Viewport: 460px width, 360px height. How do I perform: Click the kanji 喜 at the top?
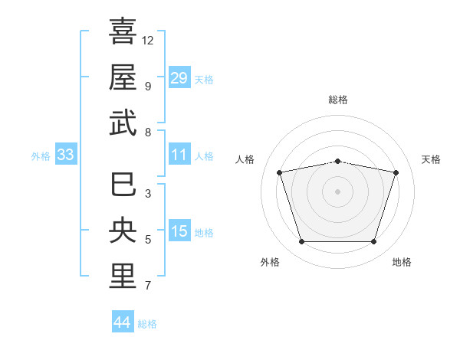123,31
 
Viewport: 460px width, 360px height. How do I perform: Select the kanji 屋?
123,77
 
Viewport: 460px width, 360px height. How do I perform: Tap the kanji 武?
123,123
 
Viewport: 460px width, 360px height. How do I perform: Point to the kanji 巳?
123,184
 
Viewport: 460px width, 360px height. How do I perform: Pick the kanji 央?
123,230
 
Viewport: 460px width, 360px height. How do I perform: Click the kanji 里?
123,276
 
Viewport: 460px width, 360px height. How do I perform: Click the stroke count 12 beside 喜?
147,41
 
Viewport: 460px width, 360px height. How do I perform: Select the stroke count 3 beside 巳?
148,194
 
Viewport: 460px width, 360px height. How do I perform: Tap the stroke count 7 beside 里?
148,285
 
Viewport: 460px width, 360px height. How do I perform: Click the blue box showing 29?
179,77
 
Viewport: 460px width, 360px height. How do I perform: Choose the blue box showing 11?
179,154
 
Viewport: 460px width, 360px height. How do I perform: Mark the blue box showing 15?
179,230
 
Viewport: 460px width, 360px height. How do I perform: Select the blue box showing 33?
66,154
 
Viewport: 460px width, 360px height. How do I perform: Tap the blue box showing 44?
123,321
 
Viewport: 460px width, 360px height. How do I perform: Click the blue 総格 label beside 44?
147,324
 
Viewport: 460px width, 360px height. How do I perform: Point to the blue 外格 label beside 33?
41,156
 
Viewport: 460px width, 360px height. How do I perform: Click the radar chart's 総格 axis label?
338,100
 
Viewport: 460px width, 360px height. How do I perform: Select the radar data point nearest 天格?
396,172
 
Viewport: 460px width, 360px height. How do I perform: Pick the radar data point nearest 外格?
302,242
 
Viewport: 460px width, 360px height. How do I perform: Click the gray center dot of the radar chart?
337,191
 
